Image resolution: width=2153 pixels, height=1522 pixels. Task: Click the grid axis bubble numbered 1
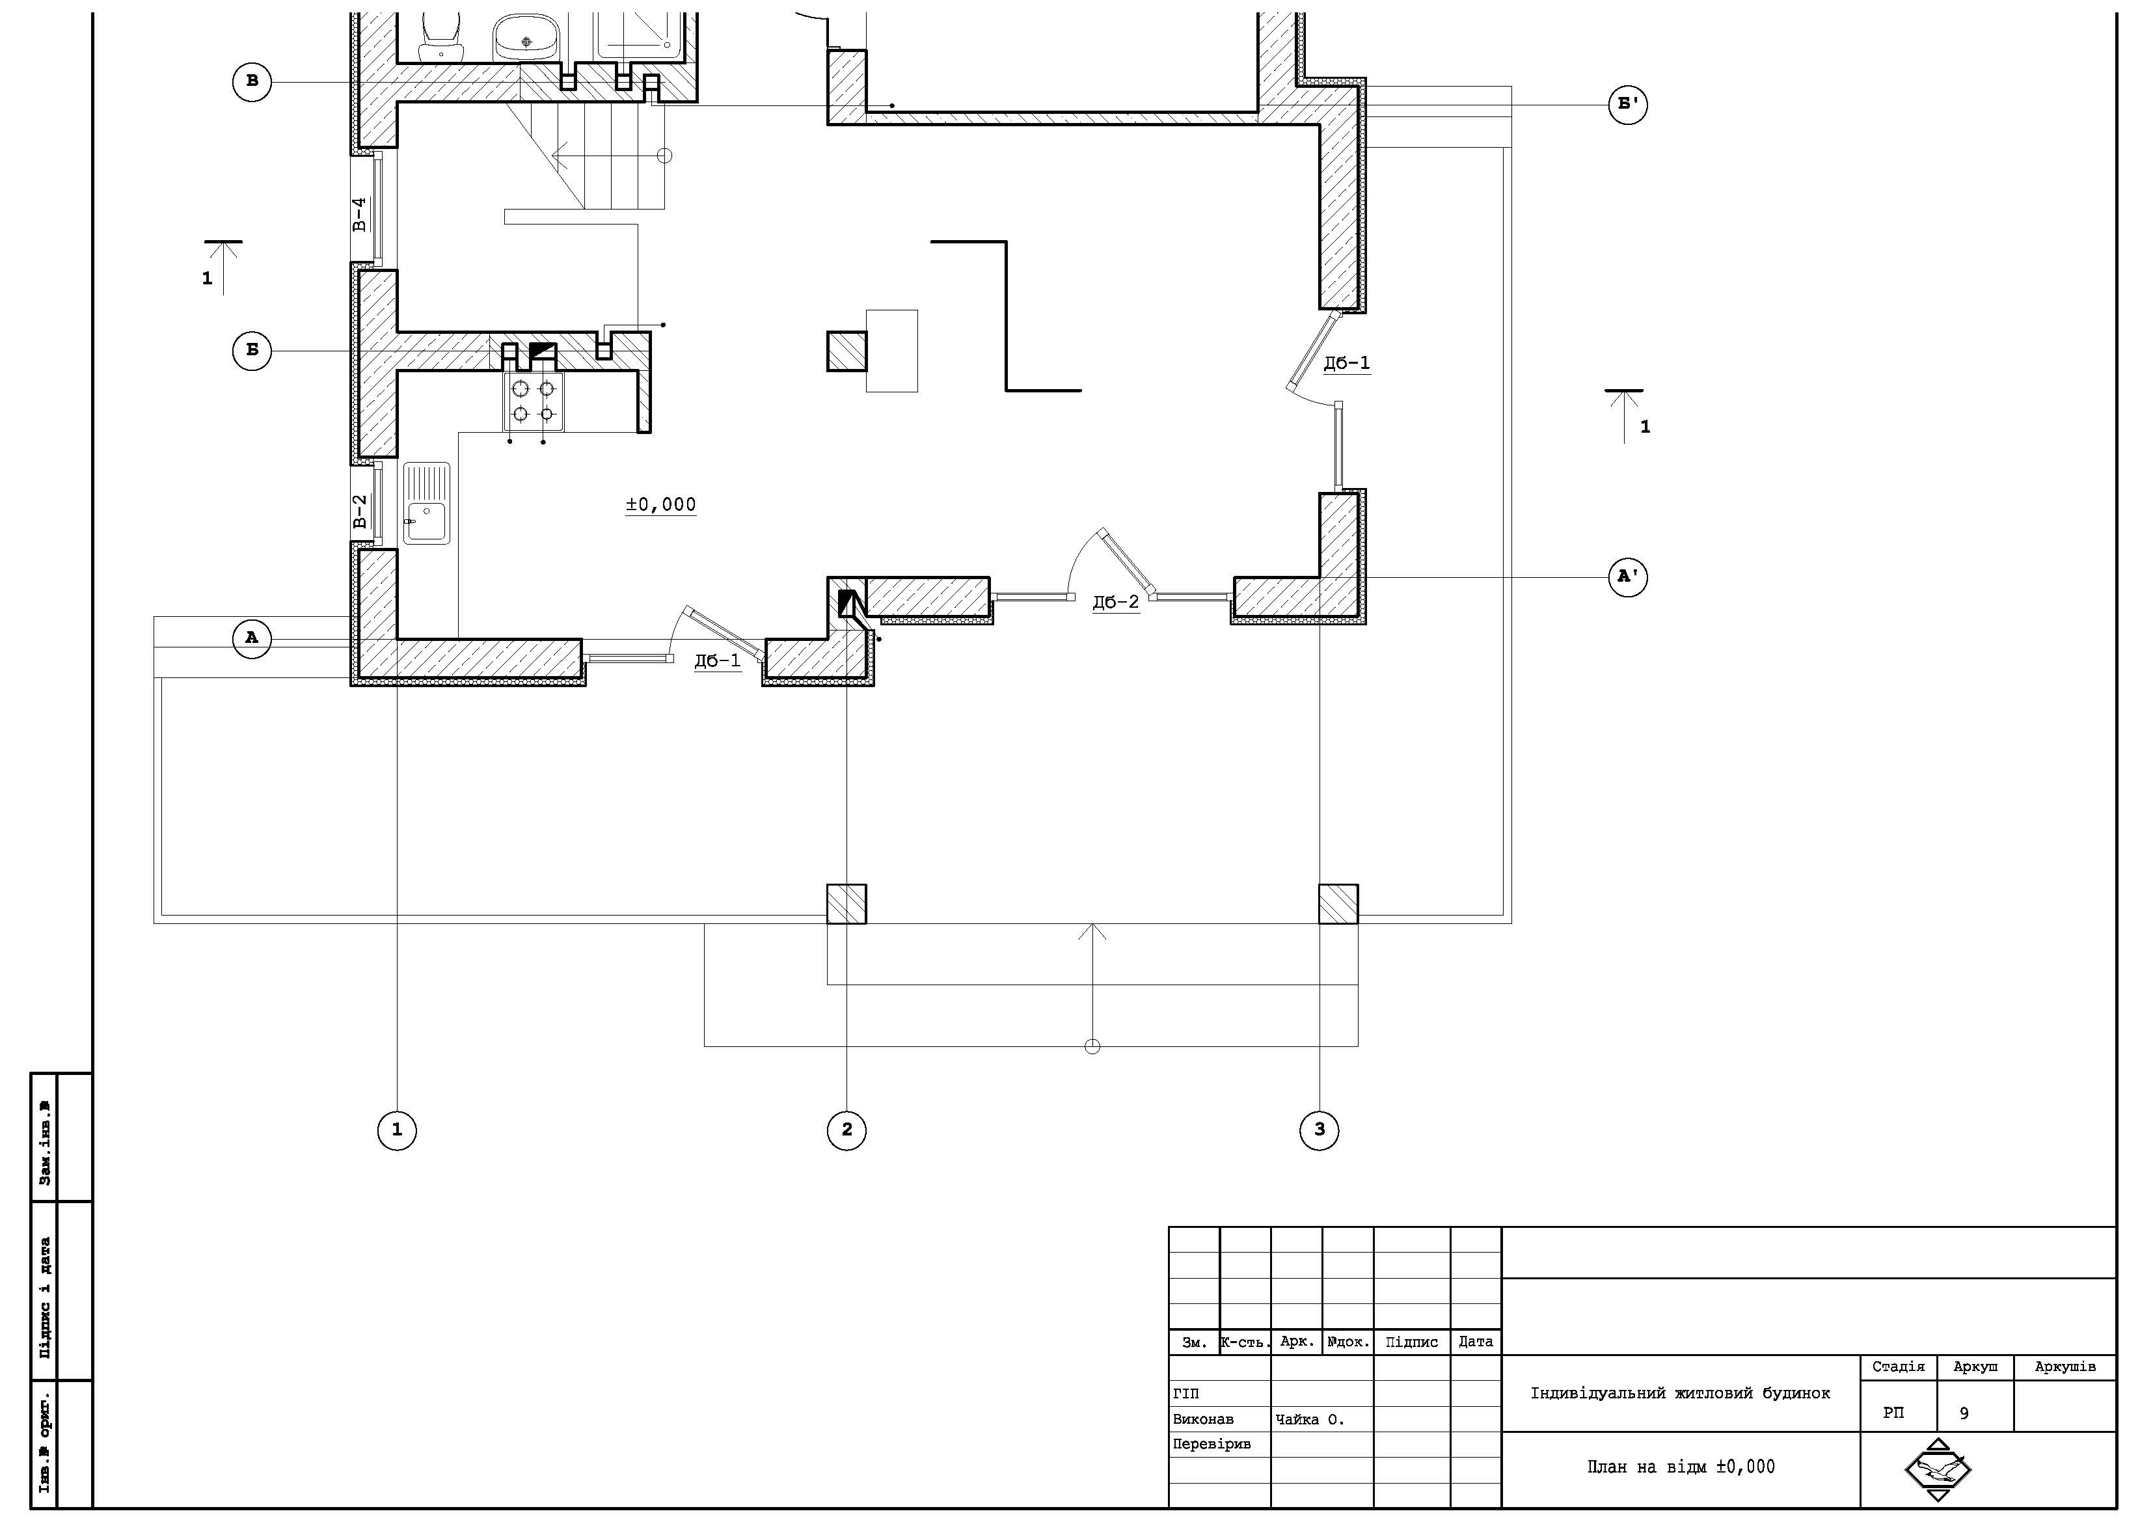(397, 1130)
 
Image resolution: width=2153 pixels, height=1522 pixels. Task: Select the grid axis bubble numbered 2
(846, 1130)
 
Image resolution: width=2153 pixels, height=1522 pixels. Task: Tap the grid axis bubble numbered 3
(1320, 1130)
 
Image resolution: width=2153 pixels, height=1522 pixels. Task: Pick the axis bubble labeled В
(251, 81)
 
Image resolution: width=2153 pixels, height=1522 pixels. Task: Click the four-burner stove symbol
(534, 401)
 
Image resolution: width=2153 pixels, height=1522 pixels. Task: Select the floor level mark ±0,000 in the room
(661, 504)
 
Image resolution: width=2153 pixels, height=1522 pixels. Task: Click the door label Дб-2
(1116, 602)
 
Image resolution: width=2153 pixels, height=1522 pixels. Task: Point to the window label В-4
(360, 215)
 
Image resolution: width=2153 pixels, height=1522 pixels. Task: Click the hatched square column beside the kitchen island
(846, 351)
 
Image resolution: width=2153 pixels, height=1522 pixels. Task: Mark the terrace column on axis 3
(1338, 904)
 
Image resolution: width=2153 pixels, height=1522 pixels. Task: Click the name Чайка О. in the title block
(1310, 1420)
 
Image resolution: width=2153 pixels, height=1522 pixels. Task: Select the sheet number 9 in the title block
(1964, 1413)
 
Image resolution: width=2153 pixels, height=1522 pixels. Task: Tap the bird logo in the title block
(1938, 1469)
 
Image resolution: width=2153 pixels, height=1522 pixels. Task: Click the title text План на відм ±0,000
(1681, 1467)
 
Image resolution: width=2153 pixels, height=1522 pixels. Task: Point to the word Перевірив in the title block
(1212, 1444)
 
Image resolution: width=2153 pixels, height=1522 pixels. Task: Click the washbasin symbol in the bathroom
(526, 38)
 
